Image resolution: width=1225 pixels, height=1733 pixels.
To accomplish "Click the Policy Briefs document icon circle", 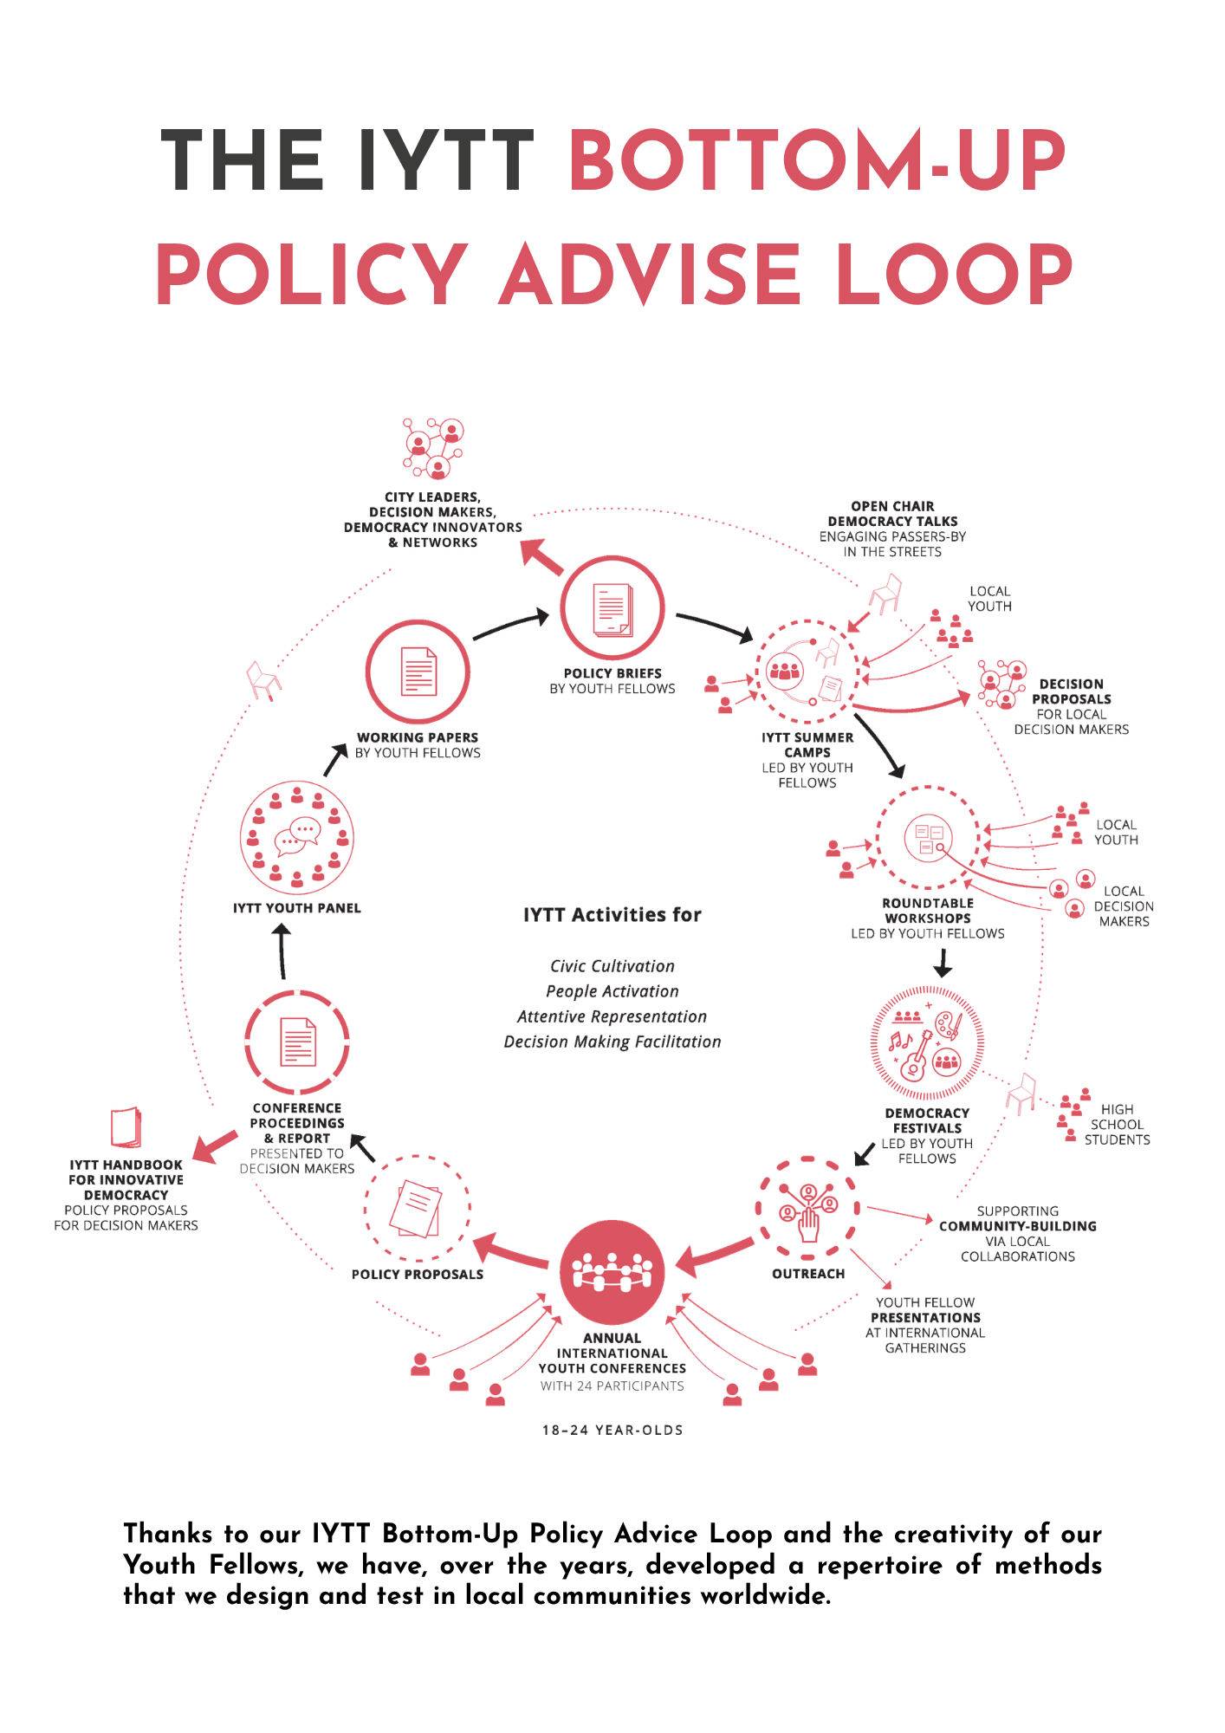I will coord(612,608).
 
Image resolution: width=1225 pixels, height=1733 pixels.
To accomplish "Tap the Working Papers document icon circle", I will coord(418,672).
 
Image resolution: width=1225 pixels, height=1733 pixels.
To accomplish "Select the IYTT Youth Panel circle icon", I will coord(297,838).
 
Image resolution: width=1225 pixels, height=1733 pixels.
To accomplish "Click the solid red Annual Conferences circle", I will coord(612,1272).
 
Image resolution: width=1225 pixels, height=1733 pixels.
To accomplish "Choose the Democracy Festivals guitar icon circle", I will coord(927,1044).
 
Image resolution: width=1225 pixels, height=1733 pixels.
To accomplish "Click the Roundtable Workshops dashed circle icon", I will coord(928,838).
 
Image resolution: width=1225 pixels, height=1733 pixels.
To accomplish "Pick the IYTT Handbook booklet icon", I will coord(126,1127).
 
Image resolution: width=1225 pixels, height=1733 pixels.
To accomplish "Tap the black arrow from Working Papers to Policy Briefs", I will coord(511,626).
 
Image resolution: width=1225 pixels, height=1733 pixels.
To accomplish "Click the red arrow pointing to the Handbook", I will coord(214,1146).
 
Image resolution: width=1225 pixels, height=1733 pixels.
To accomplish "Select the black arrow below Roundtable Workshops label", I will coord(943,963).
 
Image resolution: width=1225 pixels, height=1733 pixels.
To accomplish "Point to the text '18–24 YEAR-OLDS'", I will coord(612,1431).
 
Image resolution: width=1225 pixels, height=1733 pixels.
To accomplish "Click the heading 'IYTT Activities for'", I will coord(612,915).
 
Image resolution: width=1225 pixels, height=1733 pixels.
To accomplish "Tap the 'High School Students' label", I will coord(1117,1125).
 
